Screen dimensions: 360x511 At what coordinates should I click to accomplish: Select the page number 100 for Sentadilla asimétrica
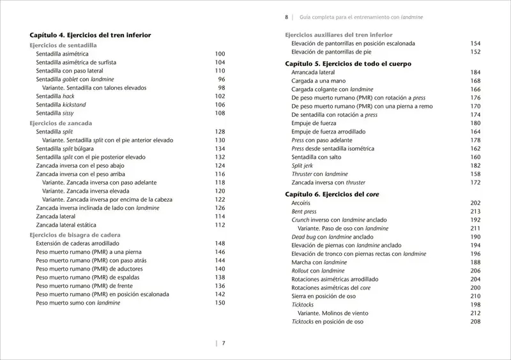point(220,54)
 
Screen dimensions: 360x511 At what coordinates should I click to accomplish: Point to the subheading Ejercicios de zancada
point(61,122)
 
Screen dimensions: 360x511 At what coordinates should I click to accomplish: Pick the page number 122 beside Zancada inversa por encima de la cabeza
point(220,199)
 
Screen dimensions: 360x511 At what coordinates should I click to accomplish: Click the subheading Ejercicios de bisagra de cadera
point(75,234)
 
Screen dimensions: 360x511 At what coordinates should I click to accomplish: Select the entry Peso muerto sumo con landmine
point(77,303)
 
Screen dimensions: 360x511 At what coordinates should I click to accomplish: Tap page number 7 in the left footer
point(224,343)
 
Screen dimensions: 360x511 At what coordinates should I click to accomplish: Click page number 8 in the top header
point(287,17)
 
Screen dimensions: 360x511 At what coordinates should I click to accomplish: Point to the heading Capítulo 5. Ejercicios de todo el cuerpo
point(347,64)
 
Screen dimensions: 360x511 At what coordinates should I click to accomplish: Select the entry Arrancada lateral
point(314,73)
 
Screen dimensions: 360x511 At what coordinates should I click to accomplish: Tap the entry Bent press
point(304,211)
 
